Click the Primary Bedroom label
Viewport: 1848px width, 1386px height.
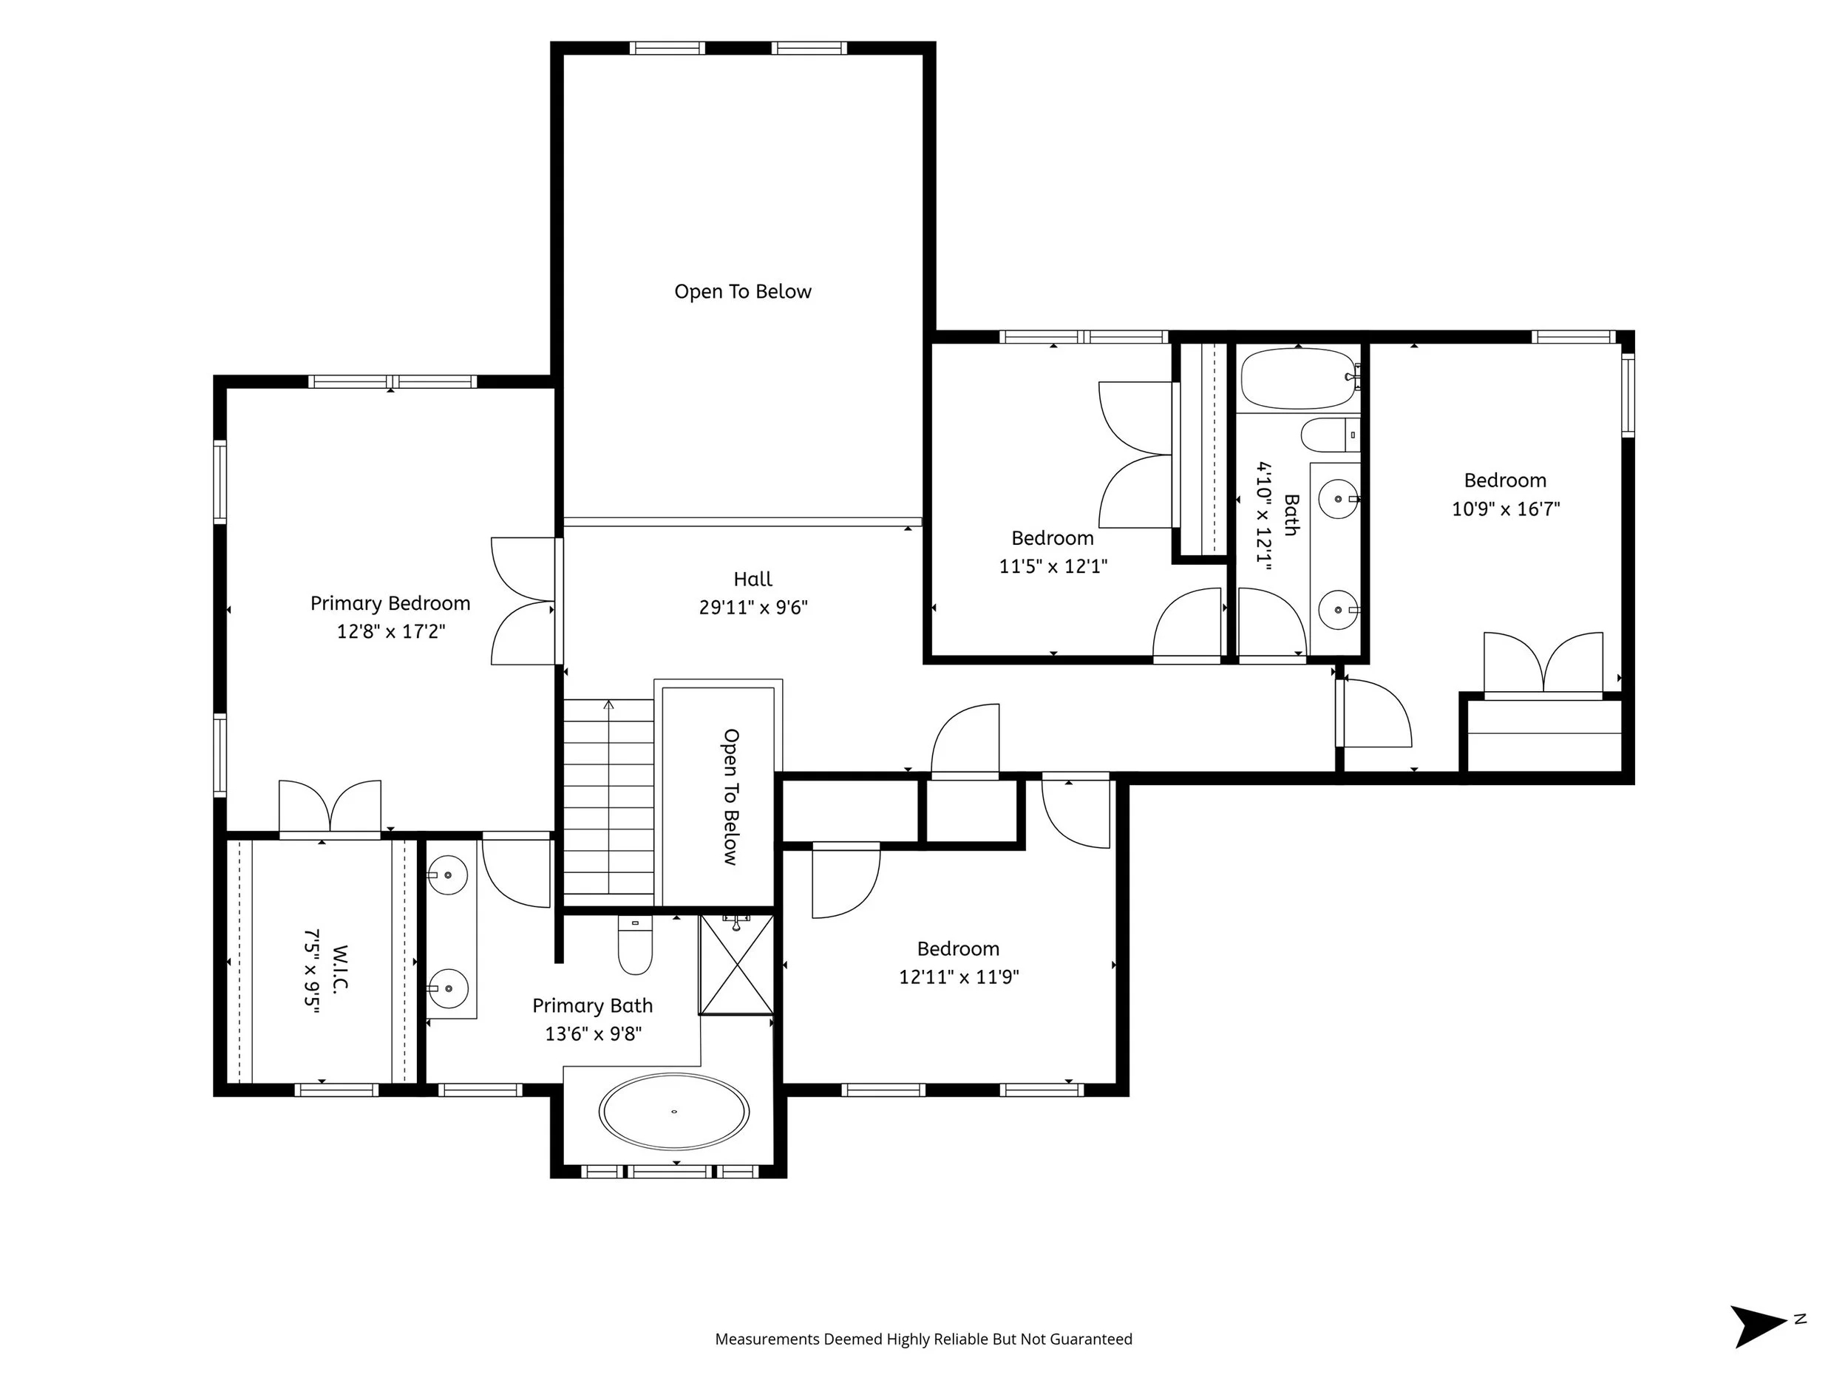pyautogui.click(x=390, y=603)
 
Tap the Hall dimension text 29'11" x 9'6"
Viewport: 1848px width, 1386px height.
pyautogui.click(x=753, y=608)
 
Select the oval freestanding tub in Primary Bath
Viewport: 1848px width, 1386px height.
pyautogui.click(x=673, y=1111)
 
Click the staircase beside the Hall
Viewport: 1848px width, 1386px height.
pyautogui.click(x=609, y=803)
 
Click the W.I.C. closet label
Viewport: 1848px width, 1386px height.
pyautogui.click(x=340, y=967)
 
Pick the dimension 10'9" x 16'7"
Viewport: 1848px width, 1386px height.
pyautogui.click(x=1506, y=509)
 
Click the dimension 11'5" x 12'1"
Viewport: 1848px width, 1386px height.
pyautogui.click(x=1053, y=566)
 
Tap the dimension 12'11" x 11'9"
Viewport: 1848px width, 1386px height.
pyautogui.click(x=959, y=976)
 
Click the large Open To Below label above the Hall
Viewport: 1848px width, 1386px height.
pyautogui.click(x=743, y=291)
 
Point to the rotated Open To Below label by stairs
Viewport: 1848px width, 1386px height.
pyautogui.click(x=731, y=797)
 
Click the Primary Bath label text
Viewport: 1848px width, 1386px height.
pyautogui.click(x=592, y=1006)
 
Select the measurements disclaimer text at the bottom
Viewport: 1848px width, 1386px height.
pyautogui.click(x=924, y=1339)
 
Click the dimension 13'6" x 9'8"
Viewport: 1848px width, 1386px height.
pyautogui.click(x=593, y=1034)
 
